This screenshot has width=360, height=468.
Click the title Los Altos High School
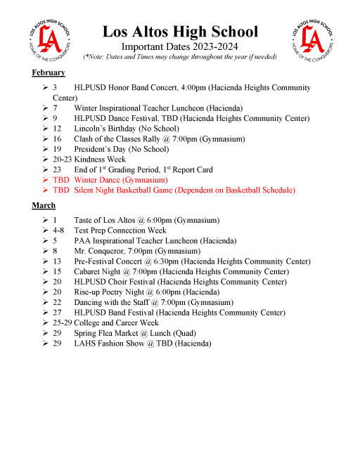pyautogui.click(x=180, y=32)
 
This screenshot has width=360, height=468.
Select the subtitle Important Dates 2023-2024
pyautogui.click(x=180, y=46)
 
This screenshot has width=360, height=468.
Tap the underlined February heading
pyautogui.click(x=49, y=73)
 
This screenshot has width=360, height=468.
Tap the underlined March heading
pyautogui.click(x=44, y=205)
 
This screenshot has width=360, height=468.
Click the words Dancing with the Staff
pyautogui.click(x=113, y=302)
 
